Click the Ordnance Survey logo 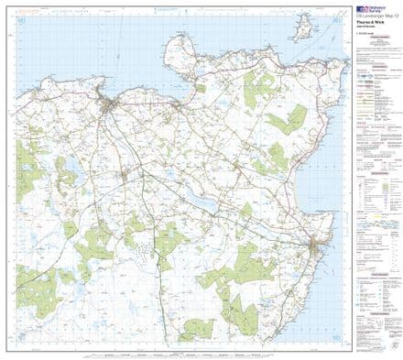[x=371, y=11]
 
